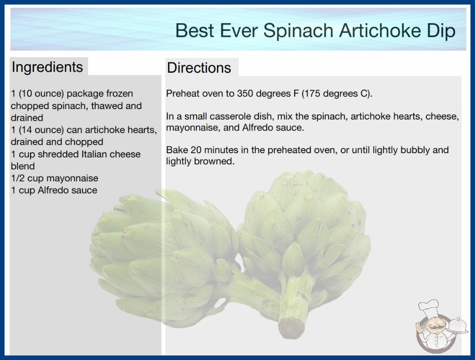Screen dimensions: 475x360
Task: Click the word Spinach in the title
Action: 298,31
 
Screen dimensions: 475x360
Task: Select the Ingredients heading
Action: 47,67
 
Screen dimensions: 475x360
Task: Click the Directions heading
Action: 199,68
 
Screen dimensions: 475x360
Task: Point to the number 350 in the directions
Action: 245,94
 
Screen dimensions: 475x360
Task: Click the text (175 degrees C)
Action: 337,94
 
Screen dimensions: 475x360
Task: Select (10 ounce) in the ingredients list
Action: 41,94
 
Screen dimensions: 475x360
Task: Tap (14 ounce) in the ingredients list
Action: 41,130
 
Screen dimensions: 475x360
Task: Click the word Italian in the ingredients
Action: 94,154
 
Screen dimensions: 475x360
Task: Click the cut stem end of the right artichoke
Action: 291,328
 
